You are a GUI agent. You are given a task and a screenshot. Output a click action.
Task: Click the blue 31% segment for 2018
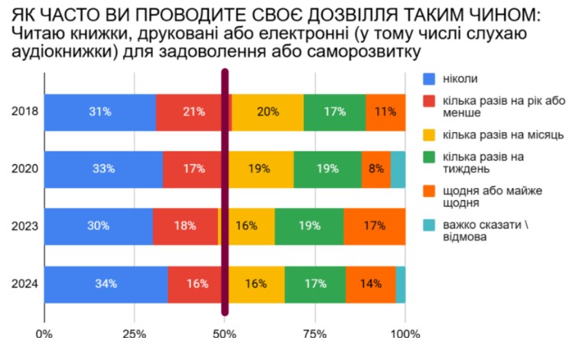tap(99, 112)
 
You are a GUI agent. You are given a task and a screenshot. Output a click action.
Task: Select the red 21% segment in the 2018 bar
tap(193, 112)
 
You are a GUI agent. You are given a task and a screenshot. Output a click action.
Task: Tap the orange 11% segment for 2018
tap(385, 112)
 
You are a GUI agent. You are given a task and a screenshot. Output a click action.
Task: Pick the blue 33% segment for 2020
tap(103, 169)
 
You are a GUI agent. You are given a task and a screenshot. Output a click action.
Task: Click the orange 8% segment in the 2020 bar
tap(375, 169)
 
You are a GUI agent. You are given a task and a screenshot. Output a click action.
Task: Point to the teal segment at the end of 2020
tap(398, 169)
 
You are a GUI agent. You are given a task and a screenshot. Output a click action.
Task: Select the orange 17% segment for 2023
tap(374, 226)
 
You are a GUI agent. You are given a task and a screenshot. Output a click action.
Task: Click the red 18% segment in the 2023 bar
tap(185, 226)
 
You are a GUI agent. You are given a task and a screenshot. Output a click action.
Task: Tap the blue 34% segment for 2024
tap(106, 284)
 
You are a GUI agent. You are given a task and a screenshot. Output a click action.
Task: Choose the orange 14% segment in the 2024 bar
tap(370, 284)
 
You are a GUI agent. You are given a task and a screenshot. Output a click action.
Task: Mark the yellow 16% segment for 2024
tap(256, 284)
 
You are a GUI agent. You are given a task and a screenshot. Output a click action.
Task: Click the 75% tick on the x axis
tap(315, 334)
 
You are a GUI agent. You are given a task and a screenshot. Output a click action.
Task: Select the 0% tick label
tap(44, 334)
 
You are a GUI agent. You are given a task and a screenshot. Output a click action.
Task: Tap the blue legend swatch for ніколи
tap(429, 78)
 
